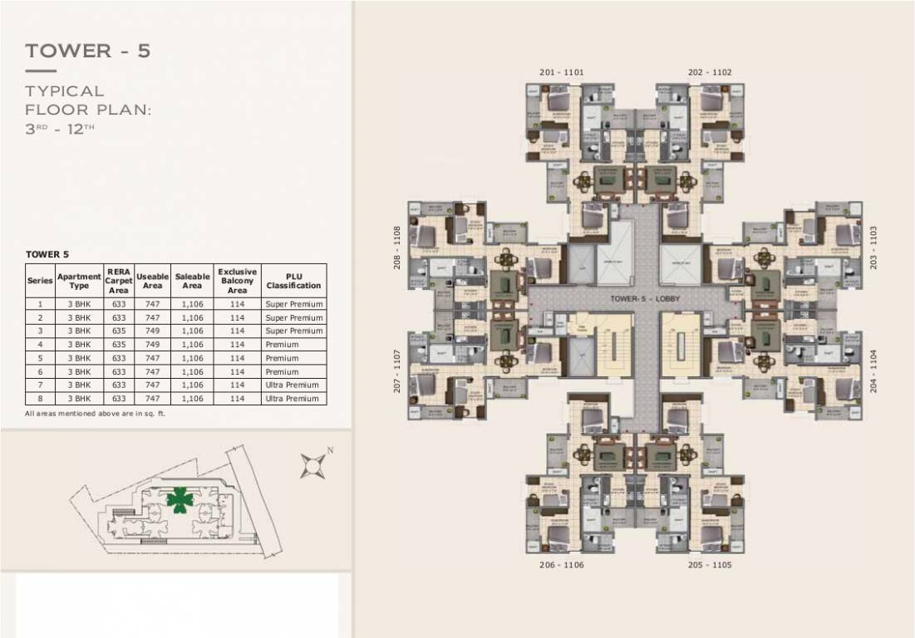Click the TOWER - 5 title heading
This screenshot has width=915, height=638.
88,51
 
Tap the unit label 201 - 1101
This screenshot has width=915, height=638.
561,72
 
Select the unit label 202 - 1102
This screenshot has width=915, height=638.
710,72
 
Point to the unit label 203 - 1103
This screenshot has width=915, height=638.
873,247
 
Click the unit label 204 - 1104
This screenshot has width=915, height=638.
873,371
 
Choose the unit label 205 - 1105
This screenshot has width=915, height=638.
710,565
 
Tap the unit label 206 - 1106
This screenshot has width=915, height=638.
561,565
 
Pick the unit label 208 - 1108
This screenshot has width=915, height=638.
398,247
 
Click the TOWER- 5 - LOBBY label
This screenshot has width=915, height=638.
637,297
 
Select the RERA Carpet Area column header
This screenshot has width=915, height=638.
119,281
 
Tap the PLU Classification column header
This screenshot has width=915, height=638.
293,281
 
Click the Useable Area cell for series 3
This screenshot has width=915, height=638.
152,331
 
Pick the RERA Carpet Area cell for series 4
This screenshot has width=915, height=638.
119,345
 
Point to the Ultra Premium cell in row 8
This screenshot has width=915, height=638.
293,399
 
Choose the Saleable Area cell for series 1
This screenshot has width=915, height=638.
192,305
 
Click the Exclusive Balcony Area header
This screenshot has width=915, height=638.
238,281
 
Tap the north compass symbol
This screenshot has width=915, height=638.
313,466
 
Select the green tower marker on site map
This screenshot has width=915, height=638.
177,498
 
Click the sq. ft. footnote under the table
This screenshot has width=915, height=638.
96,414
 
